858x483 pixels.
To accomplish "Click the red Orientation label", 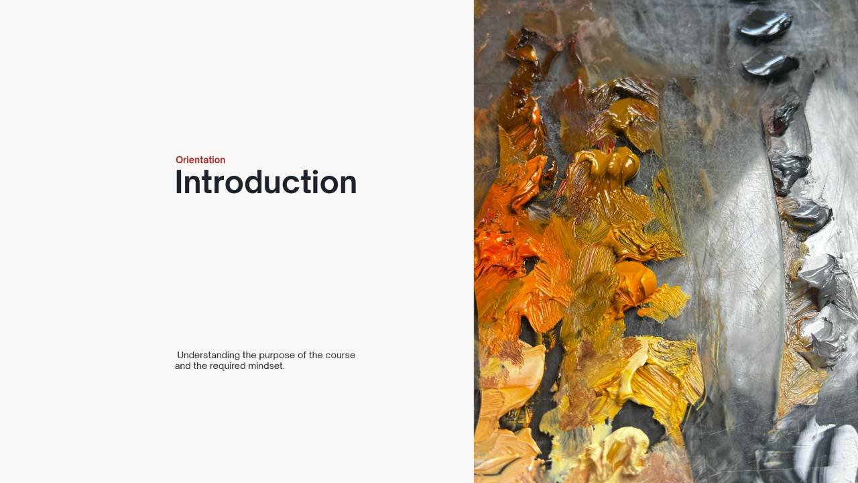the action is (200, 160).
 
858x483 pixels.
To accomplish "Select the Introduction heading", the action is (266, 182).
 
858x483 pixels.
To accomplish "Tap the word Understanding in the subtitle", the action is (208, 356).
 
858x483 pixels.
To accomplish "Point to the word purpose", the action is (277, 356).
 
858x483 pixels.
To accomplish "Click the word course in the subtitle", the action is (340, 356).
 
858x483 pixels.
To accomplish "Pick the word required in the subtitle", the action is (227, 366).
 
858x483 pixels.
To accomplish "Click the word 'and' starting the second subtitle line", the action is (183, 366).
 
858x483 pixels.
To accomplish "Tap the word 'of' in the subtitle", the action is (302, 355).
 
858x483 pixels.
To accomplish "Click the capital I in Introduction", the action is (178, 182).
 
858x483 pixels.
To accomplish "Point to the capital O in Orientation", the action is (179, 160).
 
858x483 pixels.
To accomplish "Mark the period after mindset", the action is (284, 369).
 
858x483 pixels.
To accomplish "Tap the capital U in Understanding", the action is (180, 355).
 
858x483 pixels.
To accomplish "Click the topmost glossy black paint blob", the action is (765, 25).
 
